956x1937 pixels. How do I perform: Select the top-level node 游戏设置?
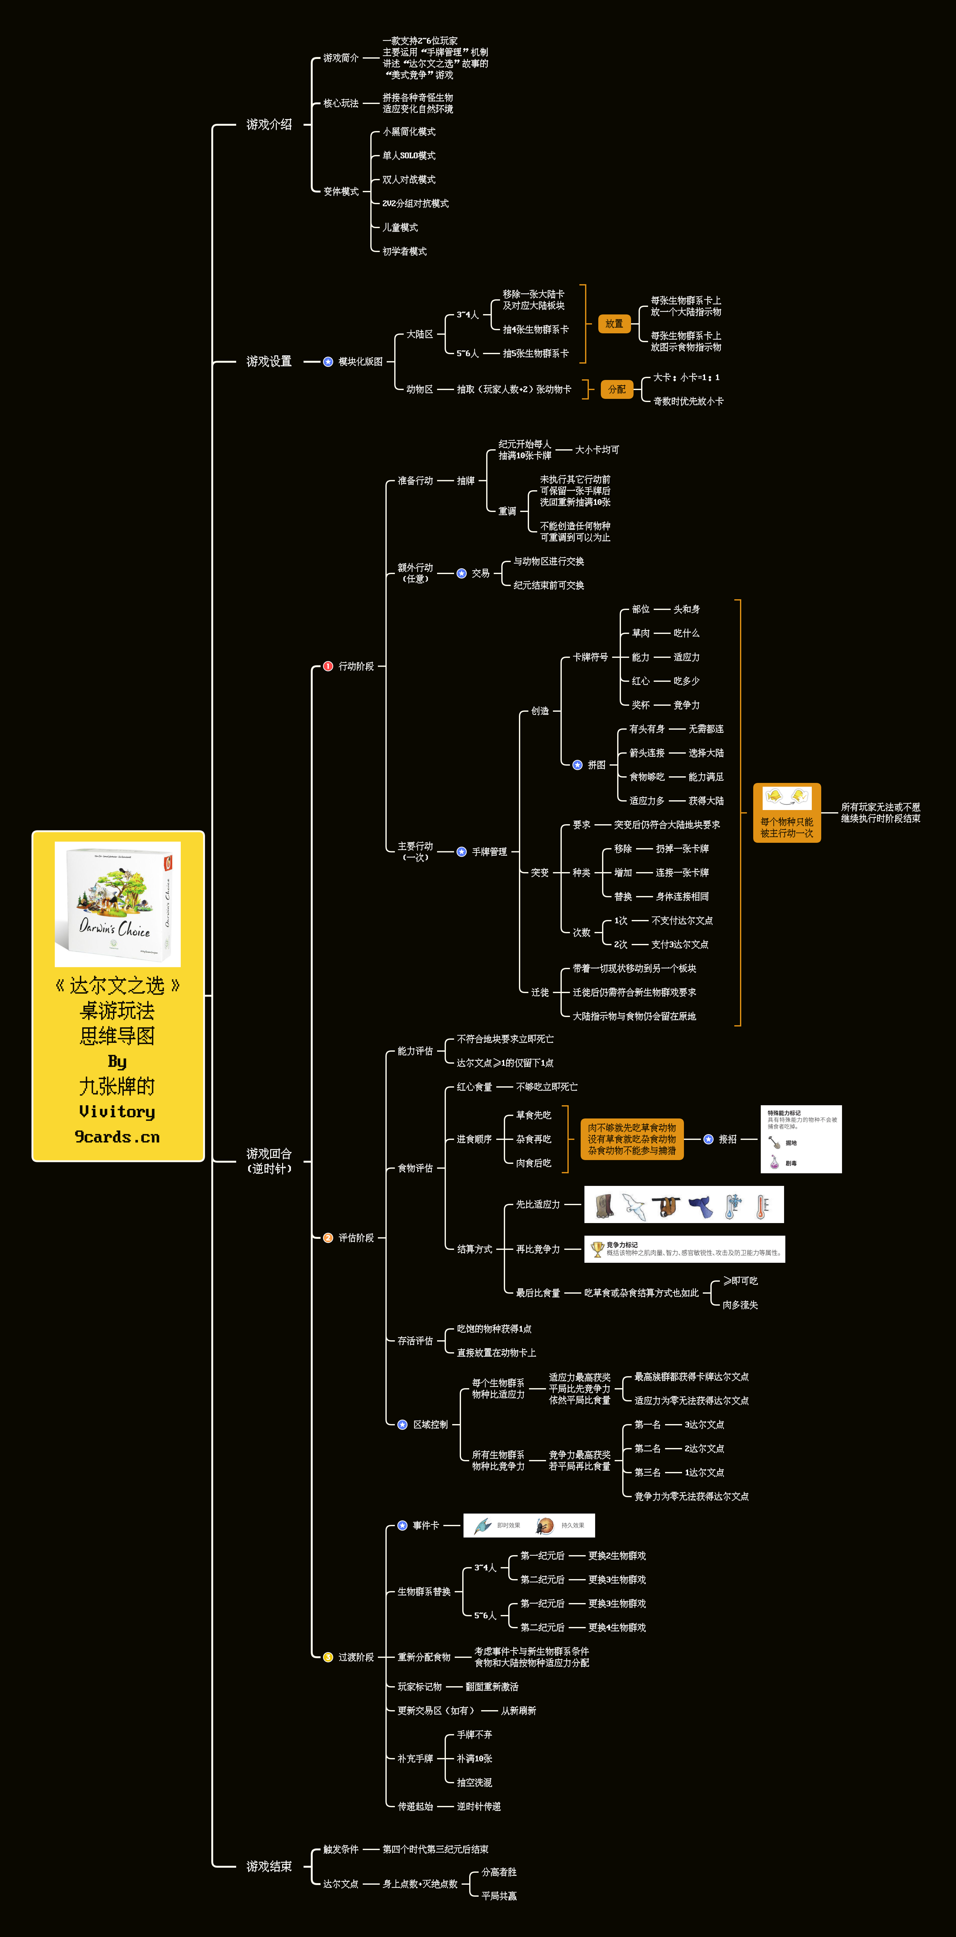269,362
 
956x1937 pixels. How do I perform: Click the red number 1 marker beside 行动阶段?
328,666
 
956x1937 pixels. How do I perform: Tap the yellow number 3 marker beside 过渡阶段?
328,1657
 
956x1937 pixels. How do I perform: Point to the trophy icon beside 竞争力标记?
597,1249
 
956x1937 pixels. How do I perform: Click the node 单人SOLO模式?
409,156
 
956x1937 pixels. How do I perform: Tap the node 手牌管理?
489,852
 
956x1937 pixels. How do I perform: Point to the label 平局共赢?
499,1896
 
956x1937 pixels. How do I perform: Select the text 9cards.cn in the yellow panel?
117,1137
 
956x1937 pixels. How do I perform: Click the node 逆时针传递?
479,1806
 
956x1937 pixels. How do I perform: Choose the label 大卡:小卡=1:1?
686,377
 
